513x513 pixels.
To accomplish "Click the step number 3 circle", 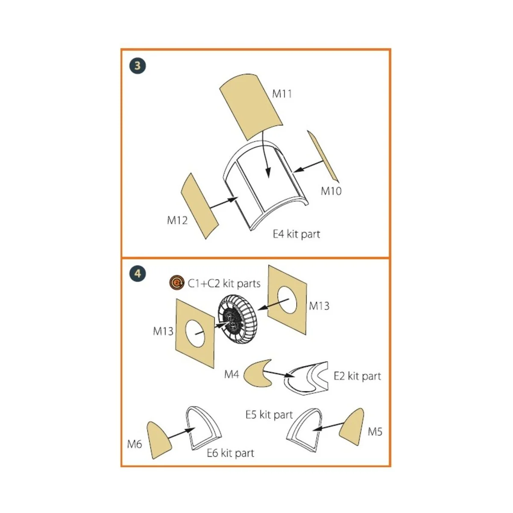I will pos(137,66).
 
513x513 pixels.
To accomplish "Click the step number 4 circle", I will pos(137,273).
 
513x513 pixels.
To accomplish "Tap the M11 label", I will pos(282,94).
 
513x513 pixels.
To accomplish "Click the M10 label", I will pos(331,191).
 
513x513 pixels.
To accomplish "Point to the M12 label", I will pos(177,220).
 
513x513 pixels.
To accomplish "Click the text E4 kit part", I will pos(296,234).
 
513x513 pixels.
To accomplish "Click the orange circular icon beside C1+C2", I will pos(177,283).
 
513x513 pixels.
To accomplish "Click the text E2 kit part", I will pos(357,376).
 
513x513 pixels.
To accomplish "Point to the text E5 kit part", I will pos(269,415).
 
